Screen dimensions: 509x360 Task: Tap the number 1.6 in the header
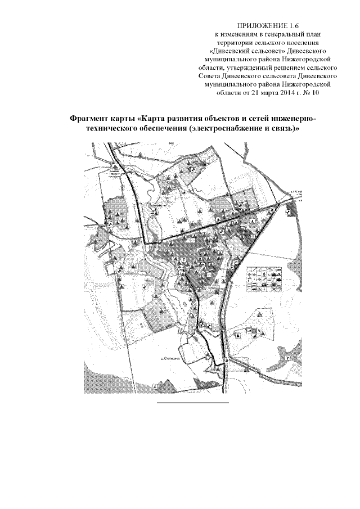coord(293,26)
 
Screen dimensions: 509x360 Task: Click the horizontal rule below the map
coord(192,403)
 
